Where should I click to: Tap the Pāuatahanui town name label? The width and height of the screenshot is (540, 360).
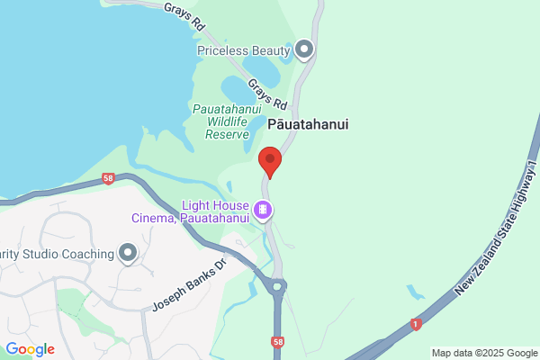point(308,125)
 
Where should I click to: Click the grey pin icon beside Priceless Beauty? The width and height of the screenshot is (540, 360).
point(305,49)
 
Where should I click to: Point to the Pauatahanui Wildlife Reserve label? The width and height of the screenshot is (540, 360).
point(220,121)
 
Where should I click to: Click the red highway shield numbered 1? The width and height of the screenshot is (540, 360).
point(415,323)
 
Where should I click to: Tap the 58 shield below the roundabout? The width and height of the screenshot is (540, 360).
point(278,343)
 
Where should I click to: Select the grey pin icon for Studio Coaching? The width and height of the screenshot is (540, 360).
point(128,253)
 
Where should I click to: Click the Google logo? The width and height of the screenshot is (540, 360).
point(30,349)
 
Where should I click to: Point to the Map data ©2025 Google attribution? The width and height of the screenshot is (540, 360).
point(483,353)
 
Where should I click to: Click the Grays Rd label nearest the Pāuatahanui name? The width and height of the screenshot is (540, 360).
point(267,92)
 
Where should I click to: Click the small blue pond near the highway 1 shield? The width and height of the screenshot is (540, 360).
point(415,293)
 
